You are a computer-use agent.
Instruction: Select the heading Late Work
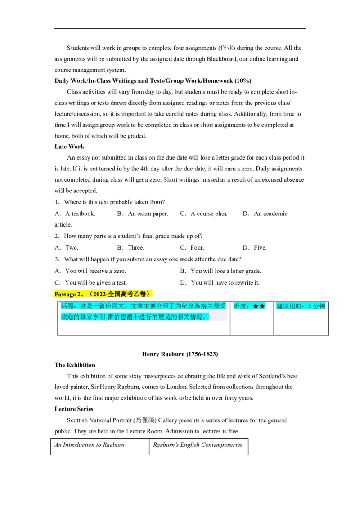[69, 147]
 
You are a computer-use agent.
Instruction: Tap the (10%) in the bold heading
[243, 81]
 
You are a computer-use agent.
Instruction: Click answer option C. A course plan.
[204, 214]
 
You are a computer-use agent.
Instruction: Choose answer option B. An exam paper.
[143, 214]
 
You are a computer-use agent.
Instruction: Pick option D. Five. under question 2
[255, 248]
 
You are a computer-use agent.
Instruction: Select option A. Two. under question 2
[67, 248]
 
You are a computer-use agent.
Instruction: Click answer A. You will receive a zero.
[90, 271]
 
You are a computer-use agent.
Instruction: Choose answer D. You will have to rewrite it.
[220, 283]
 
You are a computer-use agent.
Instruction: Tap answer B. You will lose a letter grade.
[220, 271]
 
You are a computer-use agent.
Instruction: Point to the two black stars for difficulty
[259, 306]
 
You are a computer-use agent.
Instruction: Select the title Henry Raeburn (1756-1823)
[180, 354]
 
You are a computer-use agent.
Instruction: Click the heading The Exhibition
[75, 365]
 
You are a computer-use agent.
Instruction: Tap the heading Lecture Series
[74, 409]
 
